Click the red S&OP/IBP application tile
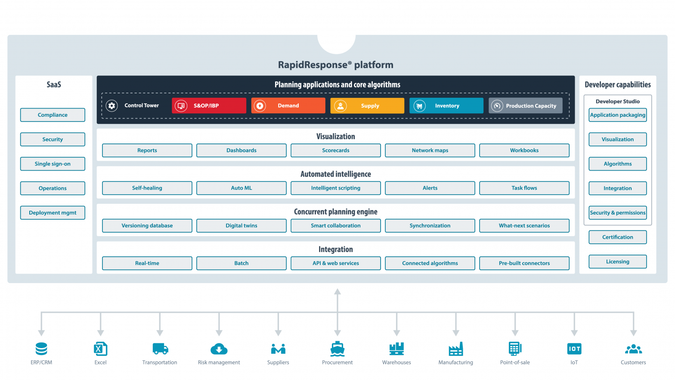click(209, 106)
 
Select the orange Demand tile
click(288, 106)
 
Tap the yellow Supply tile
click(367, 106)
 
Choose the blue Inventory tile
click(446, 106)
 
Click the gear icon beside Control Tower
click(112, 106)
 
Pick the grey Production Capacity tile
click(525, 106)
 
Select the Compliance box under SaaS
click(53, 115)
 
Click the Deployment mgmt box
click(53, 213)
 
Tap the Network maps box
click(430, 150)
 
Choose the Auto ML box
click(241, 188)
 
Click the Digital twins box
click(241, 226)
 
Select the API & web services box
click(335, 263)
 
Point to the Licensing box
click(617, 262)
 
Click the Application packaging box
click(617, 115)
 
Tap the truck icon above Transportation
click(160, 349)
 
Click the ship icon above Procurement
click(337, 349)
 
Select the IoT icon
click(574, 349)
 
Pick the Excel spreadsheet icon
click(100, 349)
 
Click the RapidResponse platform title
click(335, 65)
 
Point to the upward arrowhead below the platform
click(337, 292)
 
